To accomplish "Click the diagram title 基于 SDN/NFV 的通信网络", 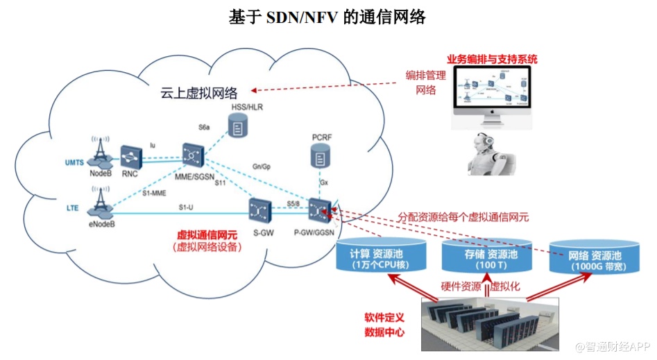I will pyautogui.click(x=327, y=17).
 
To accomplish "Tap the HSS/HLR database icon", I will pyautogui.click(x=239, y=128).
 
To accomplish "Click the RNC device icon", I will pyautogui.click(x=130, y=157).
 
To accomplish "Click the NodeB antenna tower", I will pyautogui.click(x=101, y=151).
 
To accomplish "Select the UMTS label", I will pyautogui.click(x=74, y=162).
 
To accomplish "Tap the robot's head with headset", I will pyautogui.click(x=484, y=146).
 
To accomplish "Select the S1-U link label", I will pyautogui.click(x=185, y=207).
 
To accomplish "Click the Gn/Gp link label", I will pyautogui.click(x=260, y=166).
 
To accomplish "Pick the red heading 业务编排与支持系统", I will pyautogui.click(x=492, y=59).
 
